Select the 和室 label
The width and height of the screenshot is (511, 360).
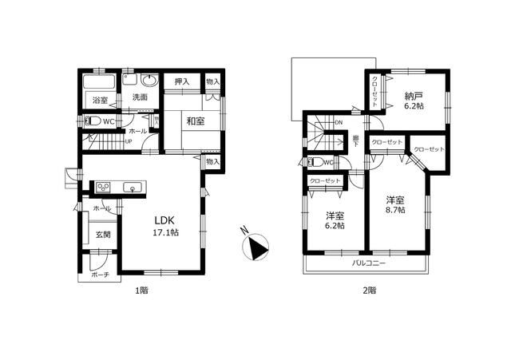pyautogui.click(x=195, y=121)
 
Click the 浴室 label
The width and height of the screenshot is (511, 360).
pyautogui.click(x=99, y=101)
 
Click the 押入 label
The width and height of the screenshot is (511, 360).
pyautogui.click(x=182, y=81)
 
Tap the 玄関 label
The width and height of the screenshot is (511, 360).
pyautogui.click(x=104, y=235)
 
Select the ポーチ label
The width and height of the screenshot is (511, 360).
pyautogui.click(x=100, y=274)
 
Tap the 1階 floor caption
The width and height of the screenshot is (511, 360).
pyautogui.click(x=141, y=291)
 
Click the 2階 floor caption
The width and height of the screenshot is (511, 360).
pyautogui.click(x=368, y=291)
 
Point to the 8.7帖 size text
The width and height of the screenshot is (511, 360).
pyautogui.click(x=395, y=210)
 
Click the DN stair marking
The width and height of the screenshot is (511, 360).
pyautogui.click(x=338, y=123)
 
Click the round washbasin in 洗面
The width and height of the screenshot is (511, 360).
pyautogui.click(x=148, y=81)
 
